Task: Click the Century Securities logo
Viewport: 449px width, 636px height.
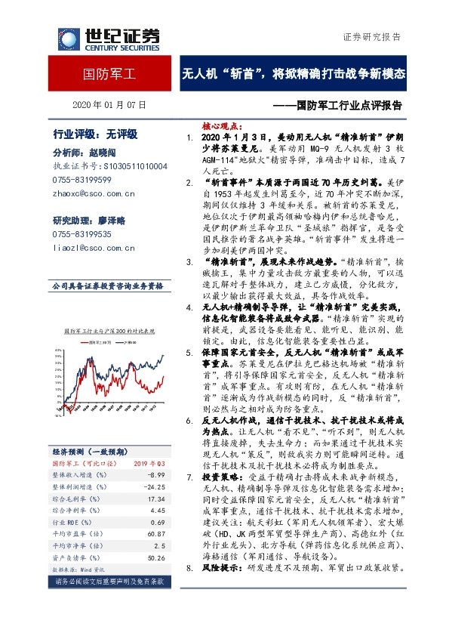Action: tap(102, 38)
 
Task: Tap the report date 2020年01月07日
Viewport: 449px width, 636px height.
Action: tap(110, 105)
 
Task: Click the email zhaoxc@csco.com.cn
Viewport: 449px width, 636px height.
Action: tap(94, 193)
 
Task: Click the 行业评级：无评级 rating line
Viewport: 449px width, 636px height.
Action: tap(95, 134)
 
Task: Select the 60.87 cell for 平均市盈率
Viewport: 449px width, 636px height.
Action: tap(157, 533)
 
